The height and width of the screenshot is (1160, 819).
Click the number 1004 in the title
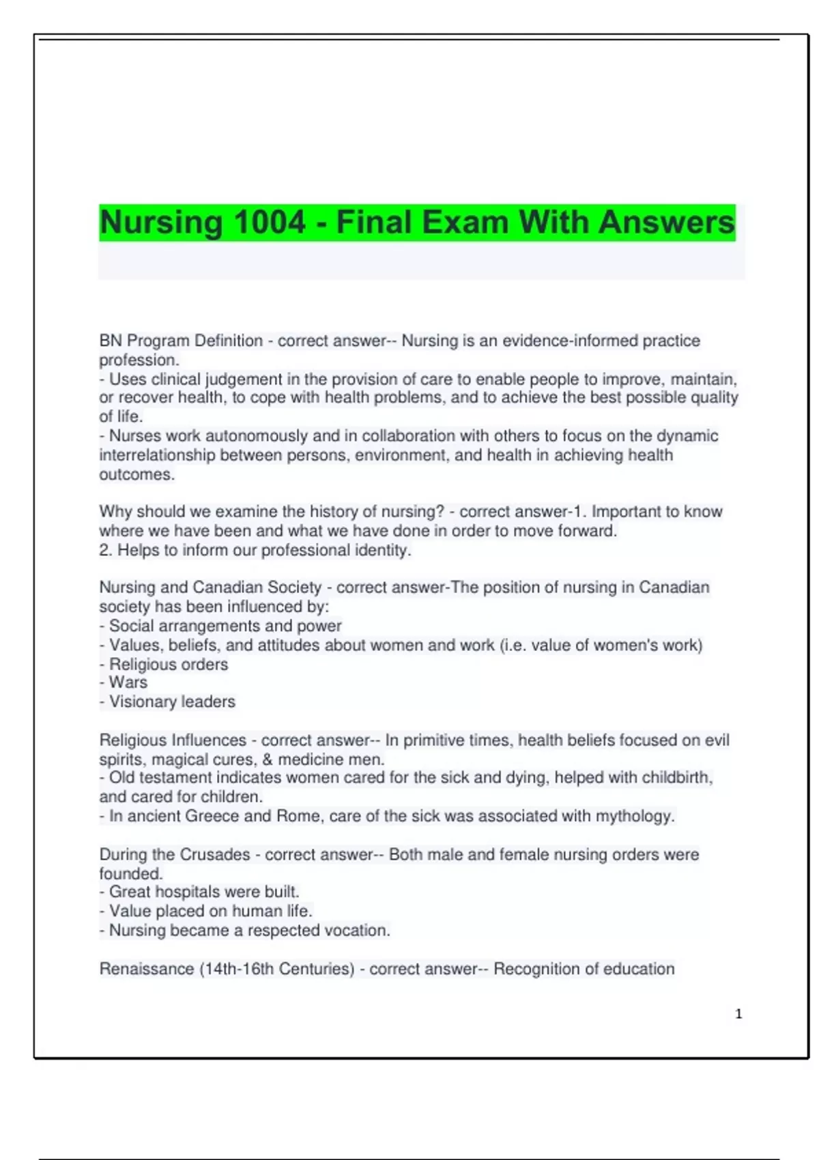pos(269,222)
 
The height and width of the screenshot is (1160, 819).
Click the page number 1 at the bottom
pos(738,1014)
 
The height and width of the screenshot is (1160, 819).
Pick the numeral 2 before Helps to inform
pos(104,550)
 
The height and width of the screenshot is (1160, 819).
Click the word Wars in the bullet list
pos(128,682)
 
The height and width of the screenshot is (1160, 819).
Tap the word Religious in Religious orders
pos(143,664)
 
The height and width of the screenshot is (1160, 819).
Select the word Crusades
pos(214,854)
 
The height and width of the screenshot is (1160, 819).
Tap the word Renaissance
pos(146,969)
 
